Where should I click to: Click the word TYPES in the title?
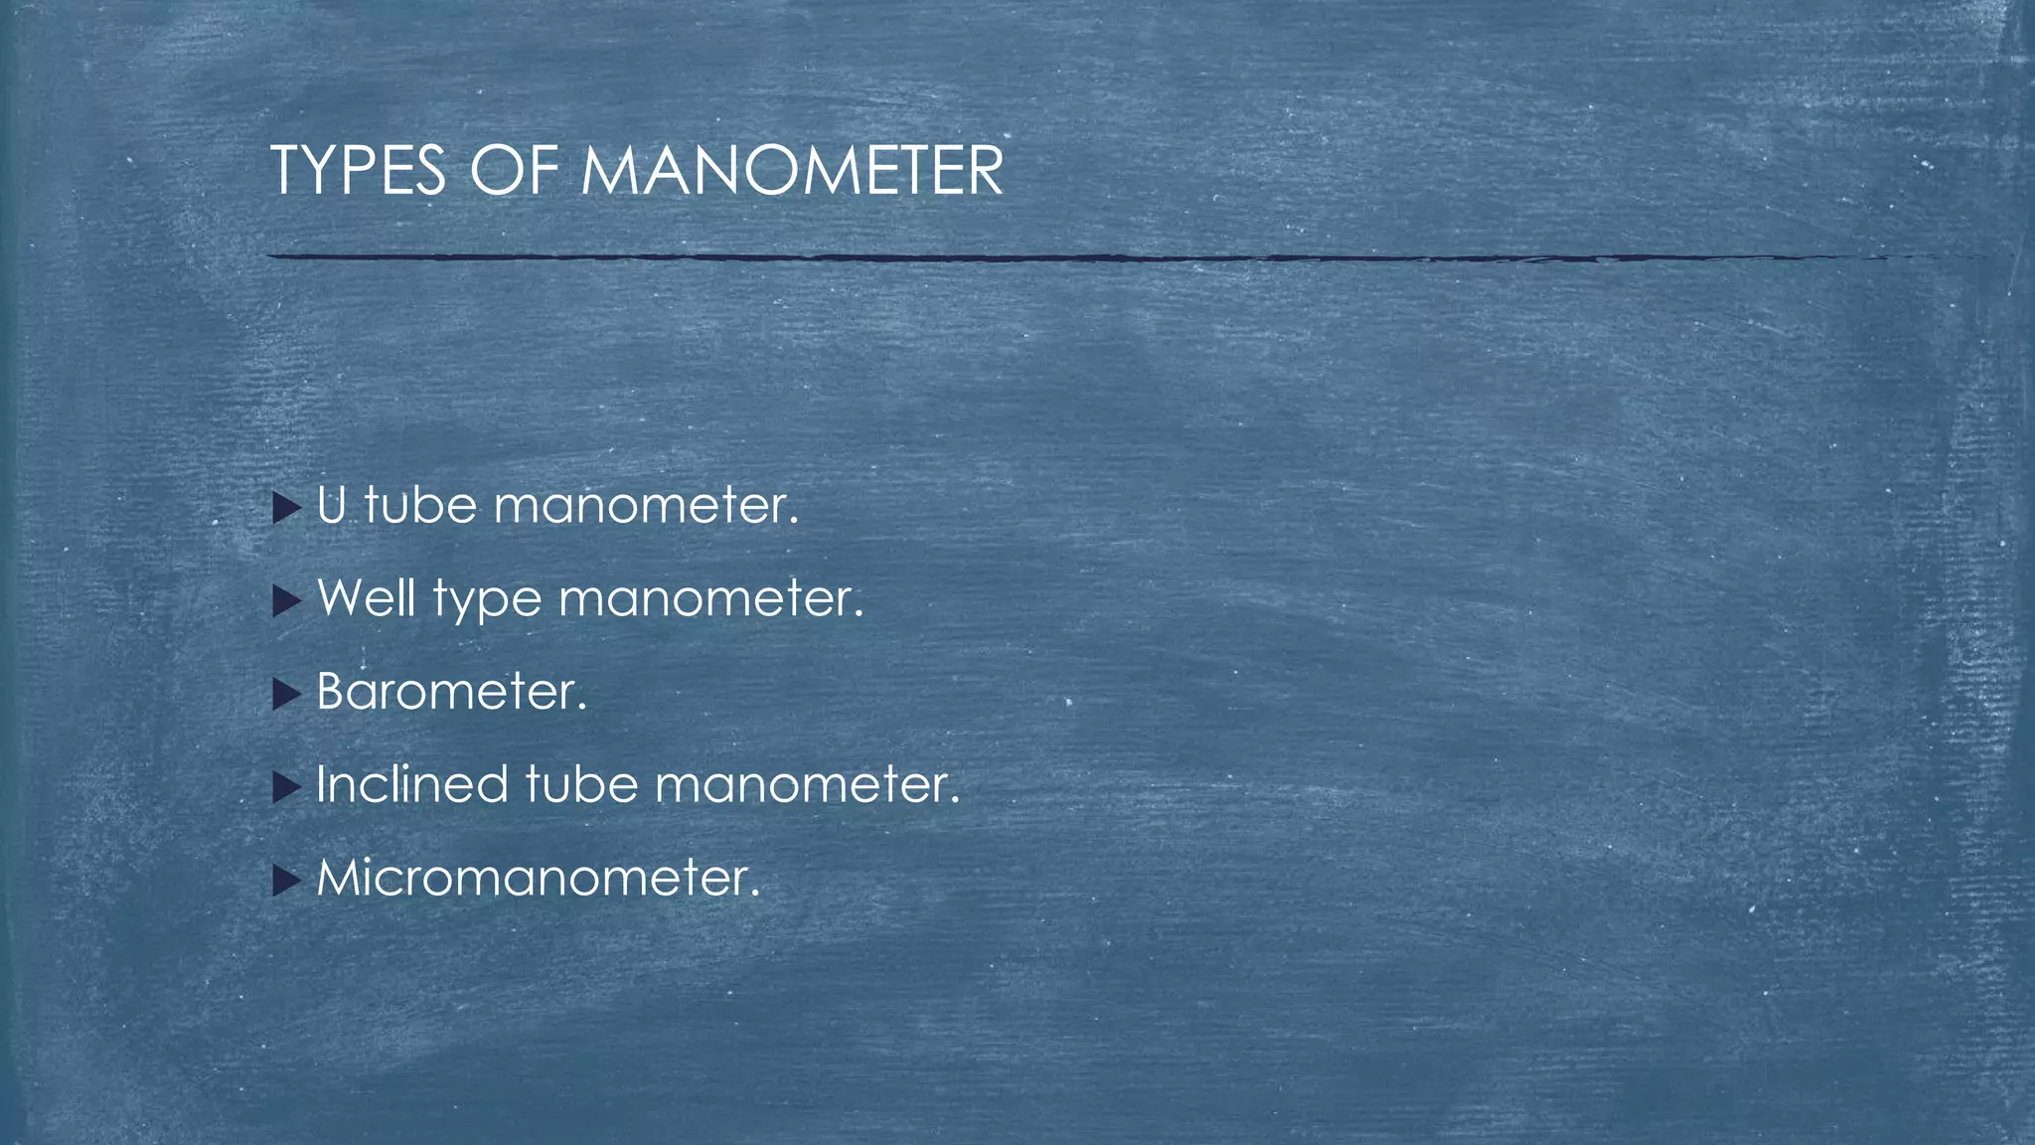[x=358, y=171]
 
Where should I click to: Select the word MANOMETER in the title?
[x=791, y=171]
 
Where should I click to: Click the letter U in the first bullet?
[x=332, y=505]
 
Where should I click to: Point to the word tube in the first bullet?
[x=420, y=505]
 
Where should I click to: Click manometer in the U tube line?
[x=646, y=505]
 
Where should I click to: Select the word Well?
[x=366, y=598]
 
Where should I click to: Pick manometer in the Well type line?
[x=711, y=598]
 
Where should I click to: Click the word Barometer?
[x=451, y=691]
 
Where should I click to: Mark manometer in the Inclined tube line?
[x=807, y=784]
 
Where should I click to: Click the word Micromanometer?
[x=538, y=878]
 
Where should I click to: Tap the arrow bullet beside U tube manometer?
[x=286, y=508]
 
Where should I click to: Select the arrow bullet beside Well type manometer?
[x=286, y=600]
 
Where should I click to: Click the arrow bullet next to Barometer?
[x=286, y=694]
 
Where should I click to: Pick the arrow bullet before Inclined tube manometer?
[x=286, y=787]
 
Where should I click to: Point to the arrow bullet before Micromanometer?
[x=286, y=880]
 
